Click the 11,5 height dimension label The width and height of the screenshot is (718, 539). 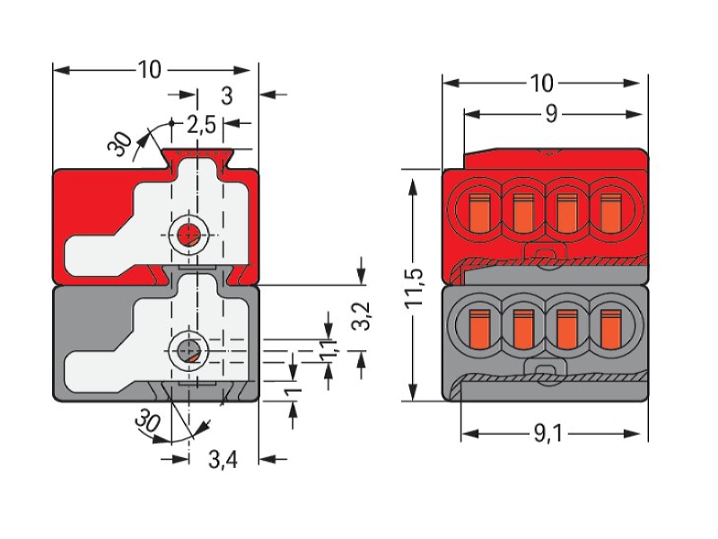(415, 287)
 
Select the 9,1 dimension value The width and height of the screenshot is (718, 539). (547, 434)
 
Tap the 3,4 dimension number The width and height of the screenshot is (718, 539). (223, 459)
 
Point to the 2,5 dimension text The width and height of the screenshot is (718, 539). (201, 124)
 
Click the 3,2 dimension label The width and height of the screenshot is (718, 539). (362, 316)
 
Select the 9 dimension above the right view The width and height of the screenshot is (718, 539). (551, 114)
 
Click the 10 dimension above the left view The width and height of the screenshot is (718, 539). (149, 70)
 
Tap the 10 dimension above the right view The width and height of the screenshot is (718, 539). (542, 84)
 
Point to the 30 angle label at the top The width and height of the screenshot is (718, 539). (120, 144)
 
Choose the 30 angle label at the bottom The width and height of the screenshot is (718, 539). (148, 420)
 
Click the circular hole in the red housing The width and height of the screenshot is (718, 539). (188, 235)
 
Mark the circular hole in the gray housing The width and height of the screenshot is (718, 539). (188, 351)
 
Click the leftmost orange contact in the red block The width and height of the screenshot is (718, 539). (478, 212)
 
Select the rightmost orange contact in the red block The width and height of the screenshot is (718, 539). (611, 213)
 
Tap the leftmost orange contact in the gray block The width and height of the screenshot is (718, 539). (479, 329)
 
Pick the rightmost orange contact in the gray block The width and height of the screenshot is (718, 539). (611, 329)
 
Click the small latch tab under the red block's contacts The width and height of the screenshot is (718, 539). (545, 256)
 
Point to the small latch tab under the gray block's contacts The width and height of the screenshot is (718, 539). (545, 372)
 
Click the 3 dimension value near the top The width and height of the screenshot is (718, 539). (227, 96)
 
